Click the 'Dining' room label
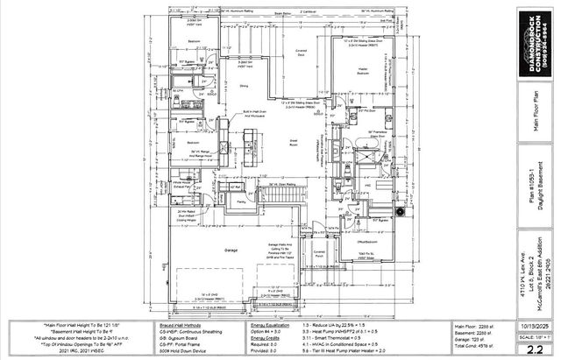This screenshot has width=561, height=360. click(x=244, y=87)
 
